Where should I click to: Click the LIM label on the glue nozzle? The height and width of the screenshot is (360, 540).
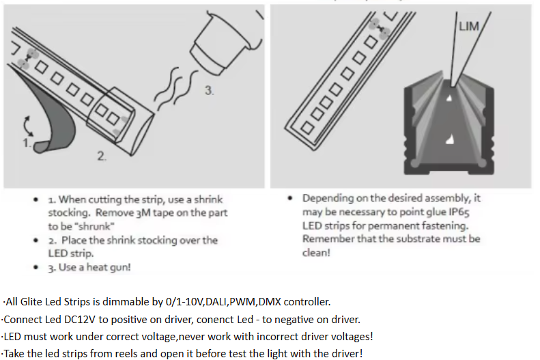click(469, 26)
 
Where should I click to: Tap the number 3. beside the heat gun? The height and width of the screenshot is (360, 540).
click(209, 91)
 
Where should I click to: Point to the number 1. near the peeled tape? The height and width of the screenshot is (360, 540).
click(27, 143)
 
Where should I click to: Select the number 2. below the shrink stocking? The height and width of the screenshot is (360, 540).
click(101, 156)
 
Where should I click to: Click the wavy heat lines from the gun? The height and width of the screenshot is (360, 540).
click(175, 88)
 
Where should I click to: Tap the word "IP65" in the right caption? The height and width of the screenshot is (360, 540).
click(459, 212)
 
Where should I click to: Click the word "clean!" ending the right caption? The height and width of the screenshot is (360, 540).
click(316, 253)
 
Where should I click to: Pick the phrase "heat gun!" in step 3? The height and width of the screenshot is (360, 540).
click(109, 267)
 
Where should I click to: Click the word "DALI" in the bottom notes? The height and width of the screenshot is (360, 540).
click(216, 302)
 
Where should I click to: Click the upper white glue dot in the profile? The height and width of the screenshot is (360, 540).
click(449, 98)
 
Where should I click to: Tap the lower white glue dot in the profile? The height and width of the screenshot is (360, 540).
click(449, 140)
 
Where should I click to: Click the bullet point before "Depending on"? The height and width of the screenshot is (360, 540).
click(290, 198)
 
